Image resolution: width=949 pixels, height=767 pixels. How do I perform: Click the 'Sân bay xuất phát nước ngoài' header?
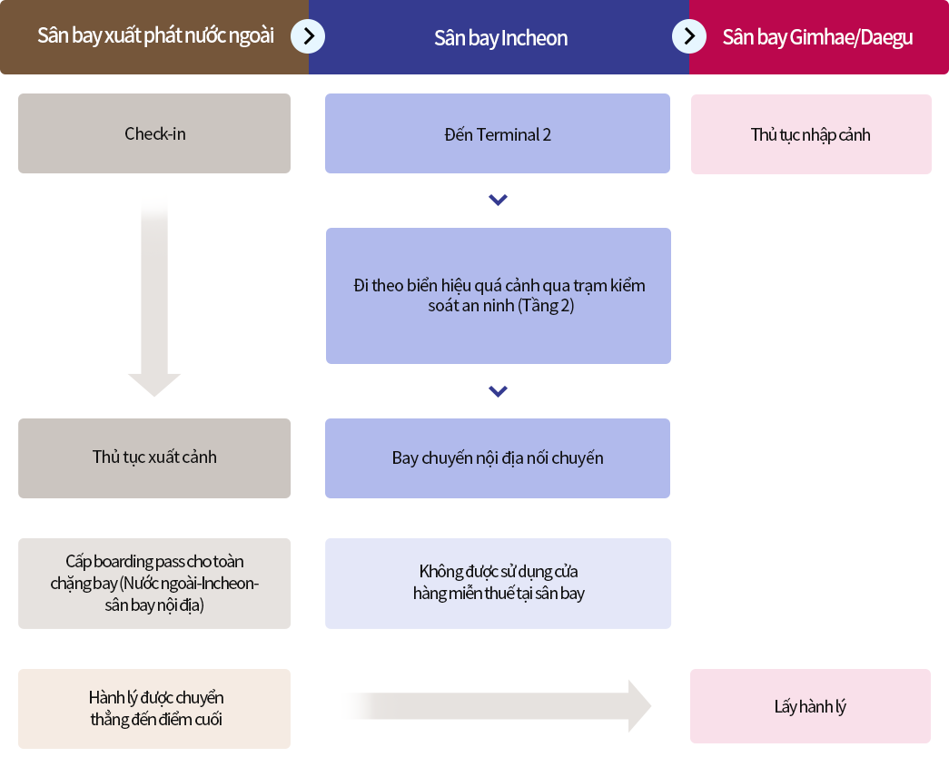pyautogui.click(x=155, y=36)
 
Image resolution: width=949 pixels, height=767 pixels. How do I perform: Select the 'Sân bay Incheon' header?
pyautogui.click(x=500, y=38)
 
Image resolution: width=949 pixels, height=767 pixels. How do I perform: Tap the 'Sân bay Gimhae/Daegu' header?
pyautogui.click(x=817, y=37)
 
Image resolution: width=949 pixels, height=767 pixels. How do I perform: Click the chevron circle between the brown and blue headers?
pyautogui.click(x=308, y=36)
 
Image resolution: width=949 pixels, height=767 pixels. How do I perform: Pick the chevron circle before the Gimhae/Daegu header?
pyautogui.click(x=689, y=36)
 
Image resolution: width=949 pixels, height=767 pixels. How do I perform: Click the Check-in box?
pyautogui.click(x=154, y=133)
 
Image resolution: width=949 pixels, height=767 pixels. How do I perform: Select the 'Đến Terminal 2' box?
pyautogui.click(x=498, y=134)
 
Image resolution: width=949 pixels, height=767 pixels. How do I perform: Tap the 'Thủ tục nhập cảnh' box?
pyautogui.click(x=811, y=134)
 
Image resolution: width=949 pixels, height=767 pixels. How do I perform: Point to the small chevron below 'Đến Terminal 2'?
pyautogui.click(x=498, y=200)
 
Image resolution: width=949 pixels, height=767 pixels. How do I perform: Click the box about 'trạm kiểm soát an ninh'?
pyautogui.click(x=499, y=296)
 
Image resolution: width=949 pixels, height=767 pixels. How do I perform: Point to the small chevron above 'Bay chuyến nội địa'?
pyautogui.click(x=498, y=391)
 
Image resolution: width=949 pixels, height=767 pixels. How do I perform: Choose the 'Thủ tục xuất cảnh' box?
pyautogui.click(x=154, y=457)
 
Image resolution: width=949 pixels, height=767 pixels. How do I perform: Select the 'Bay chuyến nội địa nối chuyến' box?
pyautogui.click(x=498, y=458)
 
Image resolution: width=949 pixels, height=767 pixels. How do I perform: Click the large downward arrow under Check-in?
pyautogui.click(x=154, y=300)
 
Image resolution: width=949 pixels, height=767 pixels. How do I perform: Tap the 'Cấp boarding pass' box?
pyautogui.click(x=154, y=583)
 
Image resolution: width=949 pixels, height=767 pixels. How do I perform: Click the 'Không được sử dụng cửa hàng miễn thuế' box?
pyautogui.click(x=498, y=583)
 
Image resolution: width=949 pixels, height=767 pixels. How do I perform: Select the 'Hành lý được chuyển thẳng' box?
pyautogui.click(x=154, y=708)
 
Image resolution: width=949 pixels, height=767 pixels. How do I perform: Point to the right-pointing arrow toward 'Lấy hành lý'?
pyautogui.click(x=499, y=706)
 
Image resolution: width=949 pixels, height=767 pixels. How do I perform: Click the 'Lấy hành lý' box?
pyautogui.click(x=810, y=706)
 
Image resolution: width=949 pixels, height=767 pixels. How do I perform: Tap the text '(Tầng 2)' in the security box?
pyautogui.click(x=546, y=307)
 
